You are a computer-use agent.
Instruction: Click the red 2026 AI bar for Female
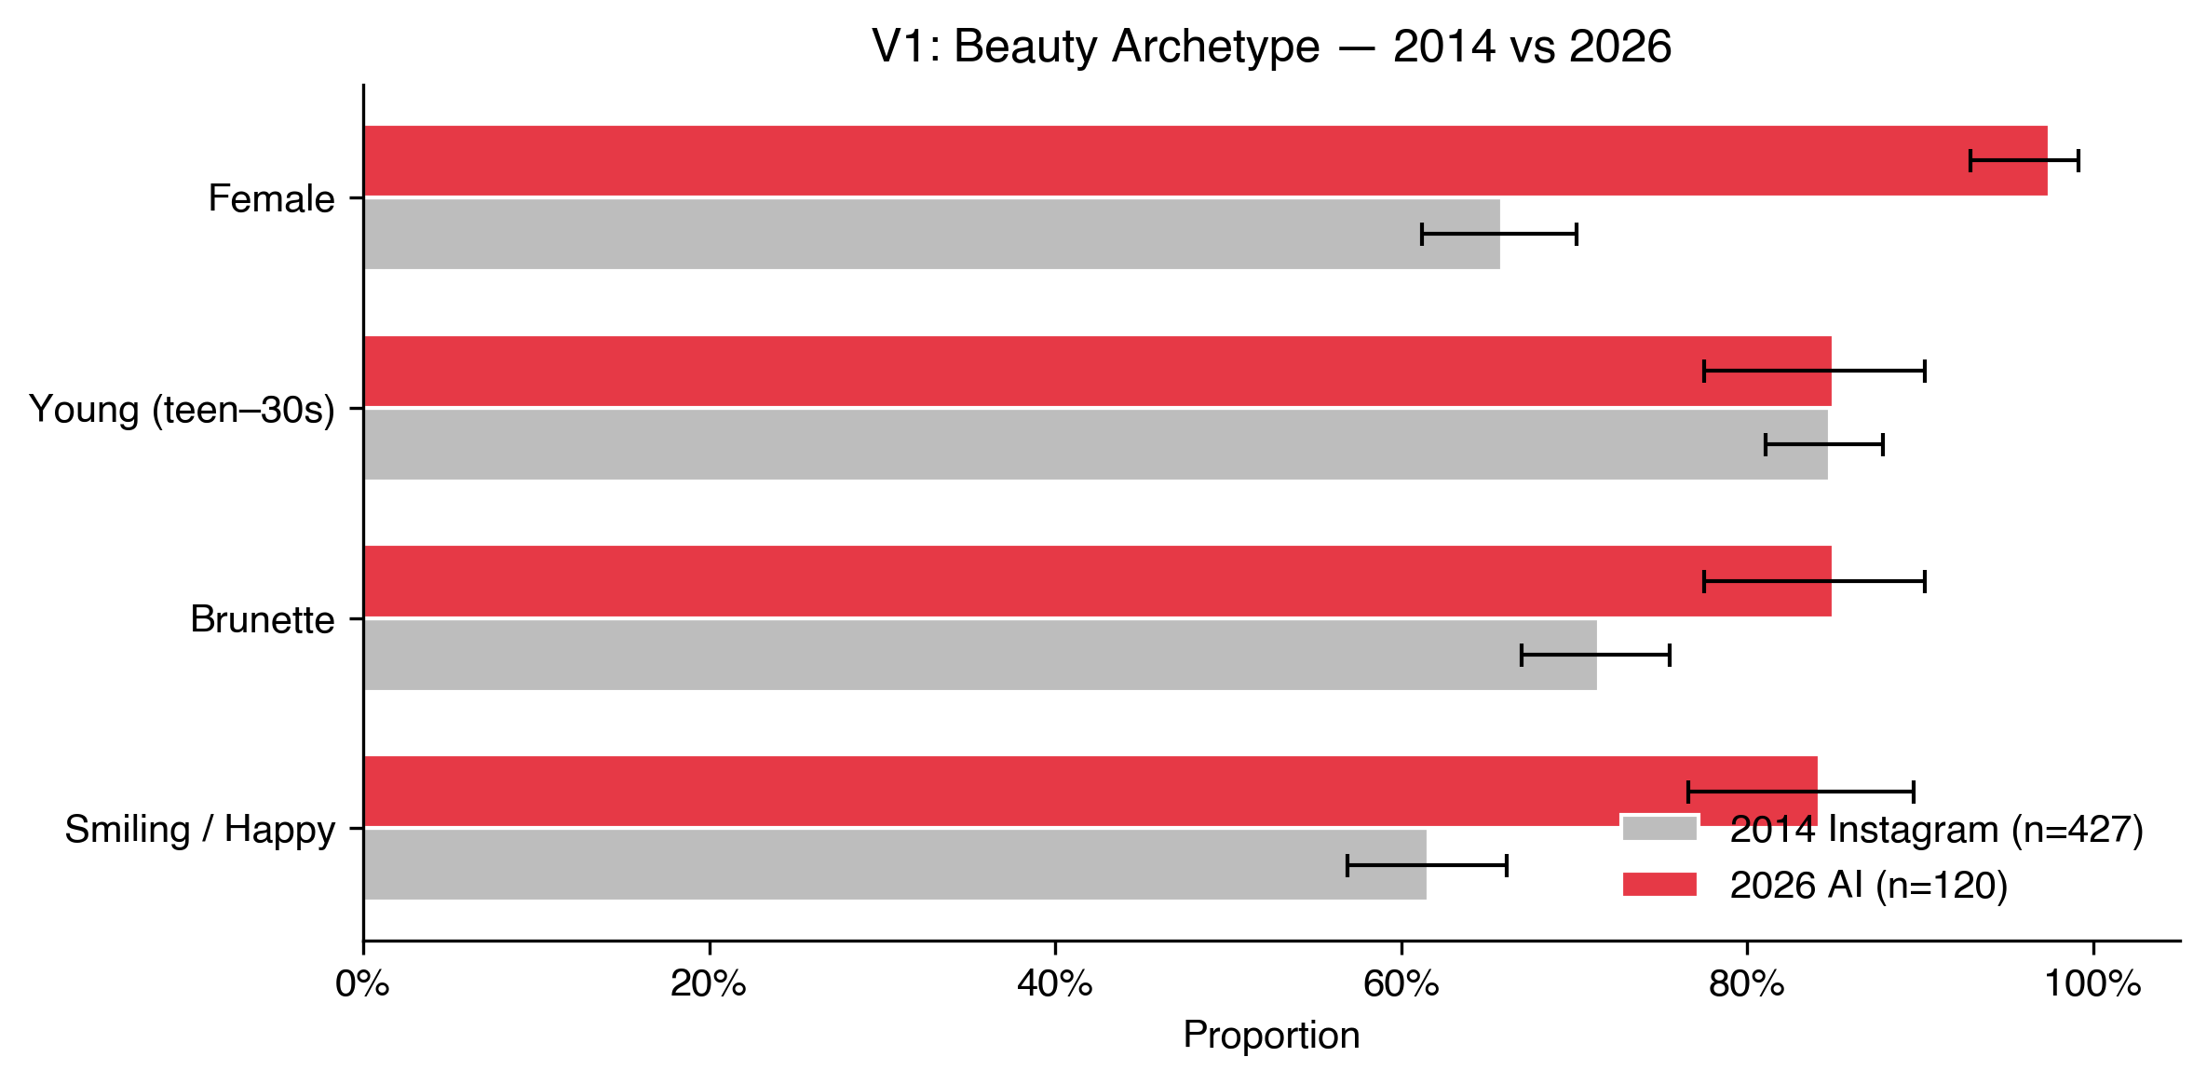(x=1117, y=160)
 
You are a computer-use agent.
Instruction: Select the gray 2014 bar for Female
(x=931, y=234)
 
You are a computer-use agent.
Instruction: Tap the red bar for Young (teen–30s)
(x=1024, y=371)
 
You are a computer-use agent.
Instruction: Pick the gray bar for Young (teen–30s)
(x=1024, y=444)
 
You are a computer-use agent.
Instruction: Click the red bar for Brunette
(x=1024, y=581)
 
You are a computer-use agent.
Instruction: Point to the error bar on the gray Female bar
(x=1499, y=234)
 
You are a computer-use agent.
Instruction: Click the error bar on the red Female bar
(x=2024, y=160)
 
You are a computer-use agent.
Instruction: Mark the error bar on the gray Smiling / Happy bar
(x=1427, y=865)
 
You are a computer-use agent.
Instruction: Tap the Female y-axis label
(x=271, y=198)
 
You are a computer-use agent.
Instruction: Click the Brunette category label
(x=263, y=619)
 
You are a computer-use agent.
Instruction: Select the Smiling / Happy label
(x=199, y=829)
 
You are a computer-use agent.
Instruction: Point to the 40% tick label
(x=1054, y=984)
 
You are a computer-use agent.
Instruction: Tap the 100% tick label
(x=2092, y=984)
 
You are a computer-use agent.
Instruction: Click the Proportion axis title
(x=1271, y=1036)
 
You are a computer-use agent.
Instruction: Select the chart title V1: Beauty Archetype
(x=1271, y=47)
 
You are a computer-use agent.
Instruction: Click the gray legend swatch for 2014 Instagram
(x=1659, y=829)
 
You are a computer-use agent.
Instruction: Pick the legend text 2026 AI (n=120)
(x=1868, y=885)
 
